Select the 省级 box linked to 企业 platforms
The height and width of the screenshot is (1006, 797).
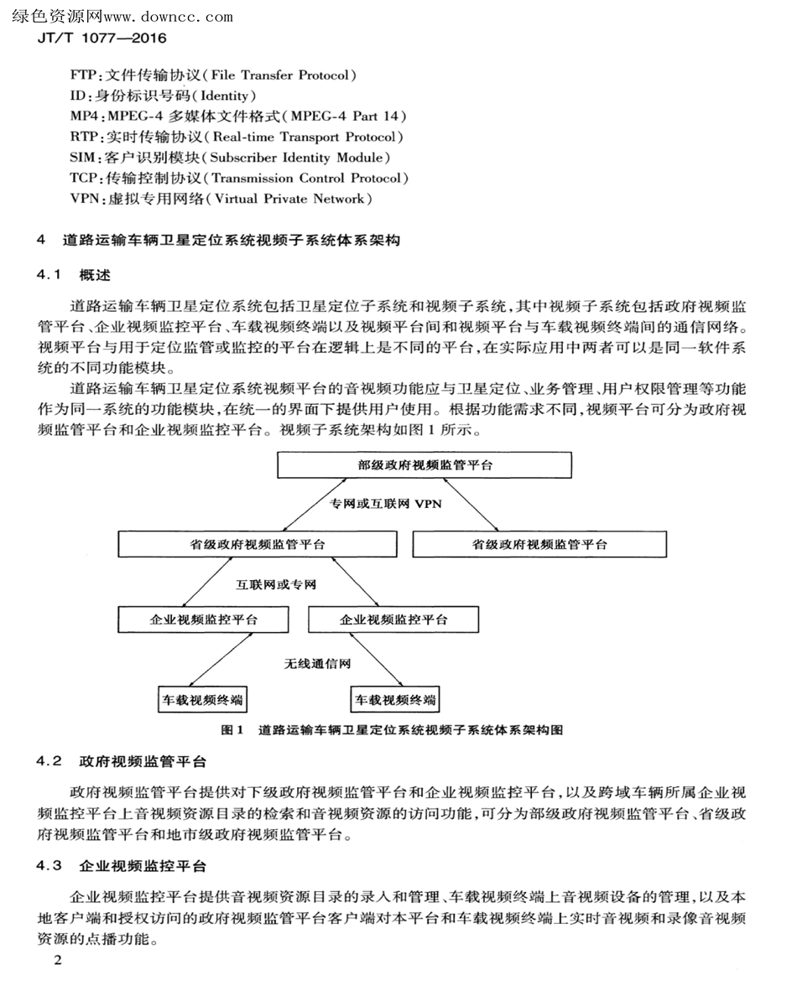[x=258, y=544]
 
